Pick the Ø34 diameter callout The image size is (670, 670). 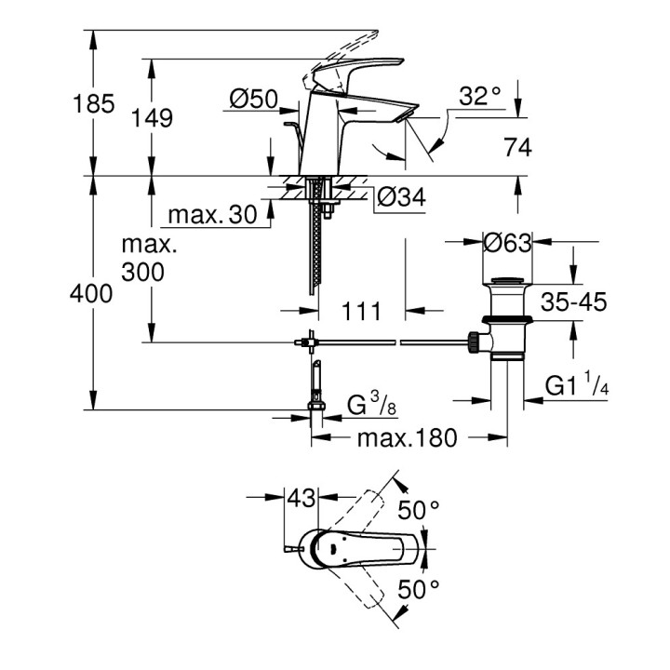pyautogui.click(x=402, y=196)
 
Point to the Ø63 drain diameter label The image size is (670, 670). pyautogui.click(x=507, y=245)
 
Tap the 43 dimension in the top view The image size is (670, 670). pyautogui.click(x=301, y=499)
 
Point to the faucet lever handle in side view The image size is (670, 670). pyautogui.click(x=349, y=73)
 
